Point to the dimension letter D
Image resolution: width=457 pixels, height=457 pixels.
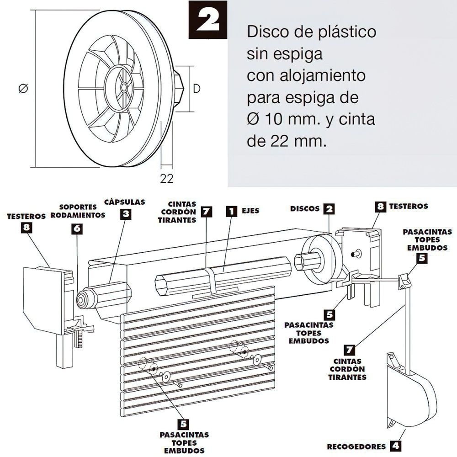pos(197,89)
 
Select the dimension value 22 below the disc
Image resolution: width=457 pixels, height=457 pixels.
pos(167,179)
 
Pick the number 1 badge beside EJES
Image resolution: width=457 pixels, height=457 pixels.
pos(232,211)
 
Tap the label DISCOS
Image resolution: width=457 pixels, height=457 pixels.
pos(305,208)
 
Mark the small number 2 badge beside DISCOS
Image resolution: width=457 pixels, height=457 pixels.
pos(329,209)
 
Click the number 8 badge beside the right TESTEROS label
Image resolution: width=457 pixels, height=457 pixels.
pos(380,207)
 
